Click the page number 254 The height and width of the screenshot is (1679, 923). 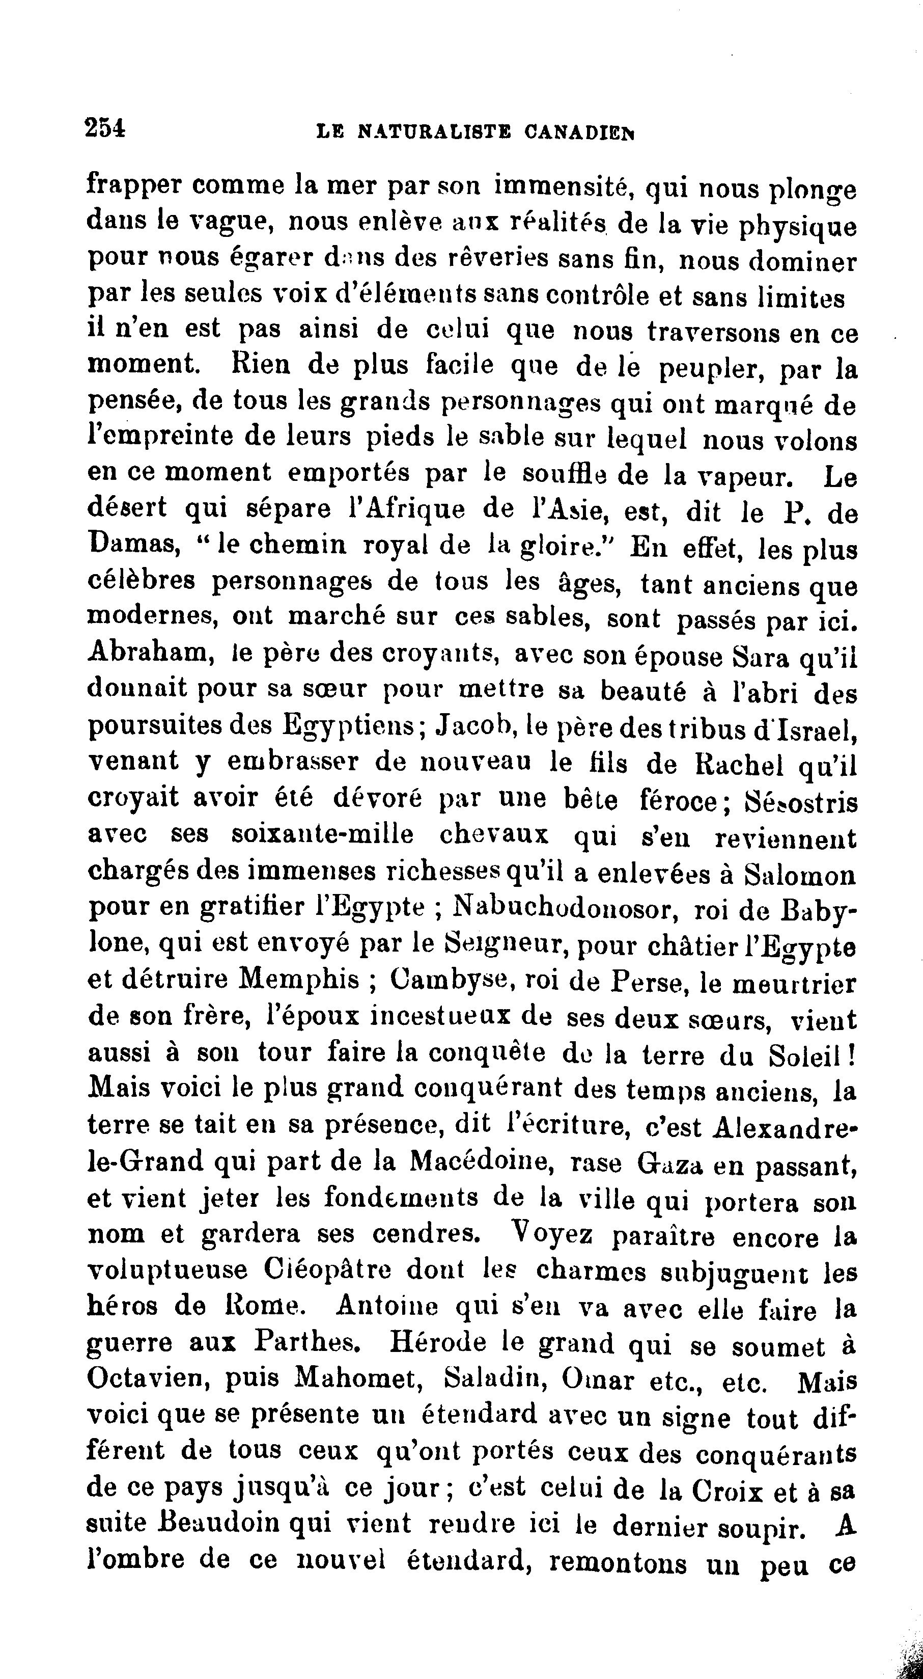tap(105, 127)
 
